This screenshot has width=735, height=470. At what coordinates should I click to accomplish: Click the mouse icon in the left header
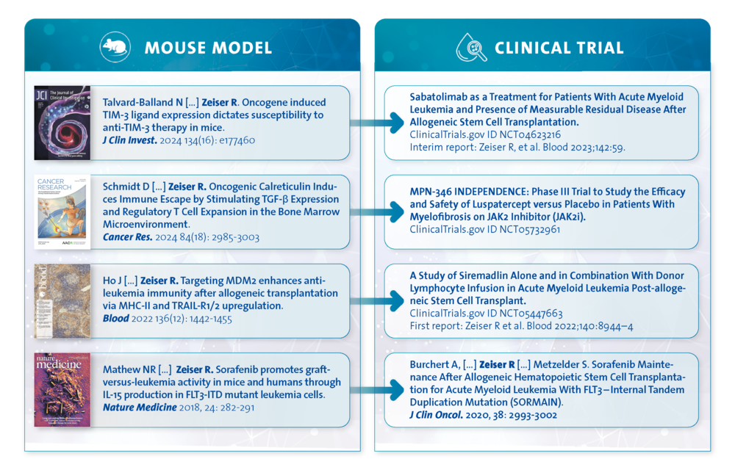[115, 47]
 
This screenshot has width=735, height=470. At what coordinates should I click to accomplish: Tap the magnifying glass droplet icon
[472, 47]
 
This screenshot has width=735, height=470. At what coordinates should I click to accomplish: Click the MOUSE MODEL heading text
[208, 48]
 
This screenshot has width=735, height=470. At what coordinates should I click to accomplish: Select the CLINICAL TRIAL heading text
[559, 48]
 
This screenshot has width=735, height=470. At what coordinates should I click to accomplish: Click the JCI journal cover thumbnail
[62, 123]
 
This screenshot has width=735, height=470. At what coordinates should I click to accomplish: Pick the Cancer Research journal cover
[62, 211]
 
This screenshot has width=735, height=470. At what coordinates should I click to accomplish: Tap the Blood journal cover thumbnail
[62, 300]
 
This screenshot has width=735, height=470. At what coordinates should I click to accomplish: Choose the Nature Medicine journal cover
[62, 389]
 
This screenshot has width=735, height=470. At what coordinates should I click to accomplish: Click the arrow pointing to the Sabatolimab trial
[377, 123]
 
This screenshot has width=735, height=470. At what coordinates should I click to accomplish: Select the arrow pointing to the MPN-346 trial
[377, 211]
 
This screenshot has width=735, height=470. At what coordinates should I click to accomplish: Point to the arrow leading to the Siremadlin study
[377, 300]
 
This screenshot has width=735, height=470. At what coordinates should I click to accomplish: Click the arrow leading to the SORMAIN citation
[377, 389]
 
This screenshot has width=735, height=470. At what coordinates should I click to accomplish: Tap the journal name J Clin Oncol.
[436, 415]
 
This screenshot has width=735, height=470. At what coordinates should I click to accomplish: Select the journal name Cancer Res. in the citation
[127, 237]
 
